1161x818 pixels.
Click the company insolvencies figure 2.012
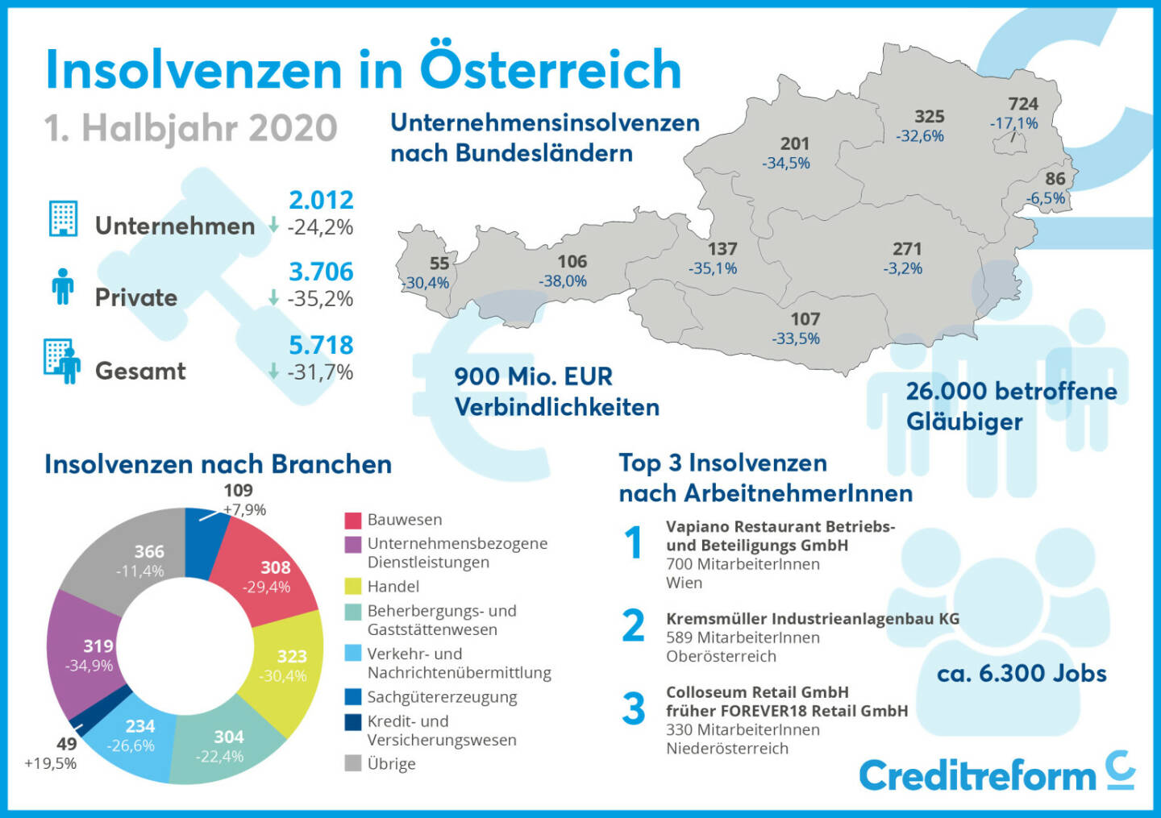pyautogui.click(x=321, y=201)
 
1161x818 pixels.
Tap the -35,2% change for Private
pyautogui.click(x=320, y=299)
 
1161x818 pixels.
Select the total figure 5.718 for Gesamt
pyautogui.click(x=321, y=346)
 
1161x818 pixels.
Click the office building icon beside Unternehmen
pyautogui.click(x=63, y=218)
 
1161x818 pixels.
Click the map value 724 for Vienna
pyautogui.click(x=1022, y=104)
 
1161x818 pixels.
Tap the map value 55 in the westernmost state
pyautogui.click(x=439, y=264)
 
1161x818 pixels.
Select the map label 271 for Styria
pyautogui.click(x=907, y=249)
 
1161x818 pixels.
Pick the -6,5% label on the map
pyautogui.click(x=1046, y=198)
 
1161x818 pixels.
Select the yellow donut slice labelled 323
pyautogui.click(x=286, y=665)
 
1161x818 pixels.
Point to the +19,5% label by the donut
pyautogui.click(x=50, y=763)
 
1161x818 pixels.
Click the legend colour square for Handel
pyautogui.click(x=353, y=586)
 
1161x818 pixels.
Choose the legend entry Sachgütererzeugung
pyautogui.click(x=442, y=697)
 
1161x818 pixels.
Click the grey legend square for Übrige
pyautogui.click(x=353, y=763)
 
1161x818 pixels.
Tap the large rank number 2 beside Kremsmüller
pyautogui.click(x=634, y=626)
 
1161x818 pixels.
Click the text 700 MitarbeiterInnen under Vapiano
pyautogui.click(x=743, y=564)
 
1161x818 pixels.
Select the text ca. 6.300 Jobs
pyautogui.click(x=1022, y=674)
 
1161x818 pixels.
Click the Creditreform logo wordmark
pyautogui.click(x=977, y=776)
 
